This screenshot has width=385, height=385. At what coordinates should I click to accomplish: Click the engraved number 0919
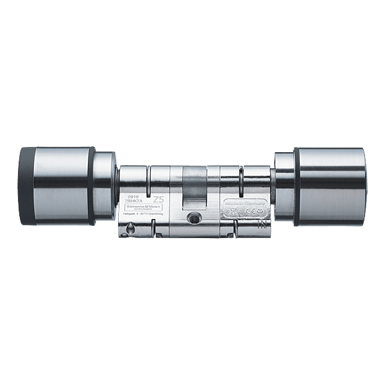tap(134, 198)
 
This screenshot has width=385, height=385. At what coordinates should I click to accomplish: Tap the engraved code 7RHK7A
tap(137, 203)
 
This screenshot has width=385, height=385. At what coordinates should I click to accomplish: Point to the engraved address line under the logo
tap(145, 219)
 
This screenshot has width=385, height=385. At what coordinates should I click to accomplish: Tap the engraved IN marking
tap(261, 225)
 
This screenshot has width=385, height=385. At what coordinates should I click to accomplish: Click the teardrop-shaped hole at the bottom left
tap(132, 229)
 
